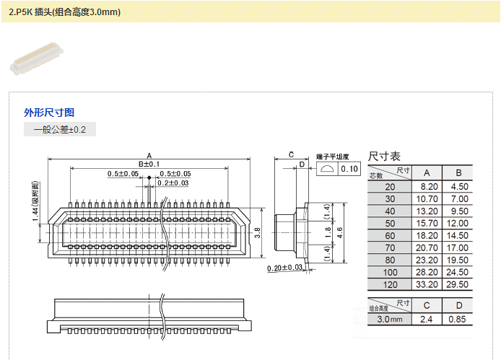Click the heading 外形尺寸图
point(49,113)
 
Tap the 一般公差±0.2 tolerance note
point(59,130)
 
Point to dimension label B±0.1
point(149,164)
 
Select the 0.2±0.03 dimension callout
point(173,183)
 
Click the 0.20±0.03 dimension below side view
point(284,268)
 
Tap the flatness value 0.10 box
point(349,169)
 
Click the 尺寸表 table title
point(384,157)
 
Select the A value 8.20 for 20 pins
point(427,186)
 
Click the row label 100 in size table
point(391,272)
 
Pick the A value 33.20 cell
point(427,284)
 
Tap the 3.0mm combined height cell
point(390,318)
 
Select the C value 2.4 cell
point(427,318)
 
